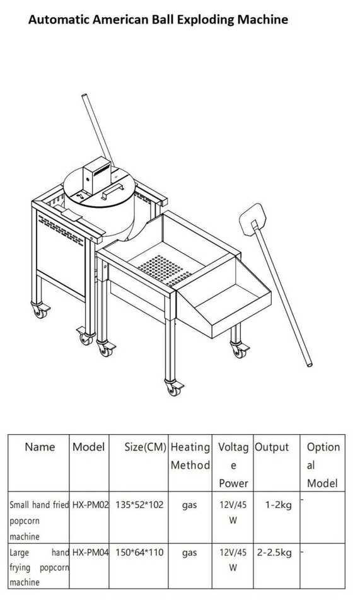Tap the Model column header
tap(88, 447)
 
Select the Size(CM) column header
tap(145, 447)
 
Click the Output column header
tap(272, 447)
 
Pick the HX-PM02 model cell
tap(91, 504)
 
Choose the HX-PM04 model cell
tap(91, 552)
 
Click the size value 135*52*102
tap(139, 504)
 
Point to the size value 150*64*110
tap(139, 552)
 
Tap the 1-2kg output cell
tap(278, 505)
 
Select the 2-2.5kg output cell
tap(274, 553)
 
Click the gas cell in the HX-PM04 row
tap(189, 553)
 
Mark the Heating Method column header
tap(190, 456)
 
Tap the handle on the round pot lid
tap(112, 191)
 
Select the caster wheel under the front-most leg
tap(173, 388)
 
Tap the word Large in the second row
tap(20, 553)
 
